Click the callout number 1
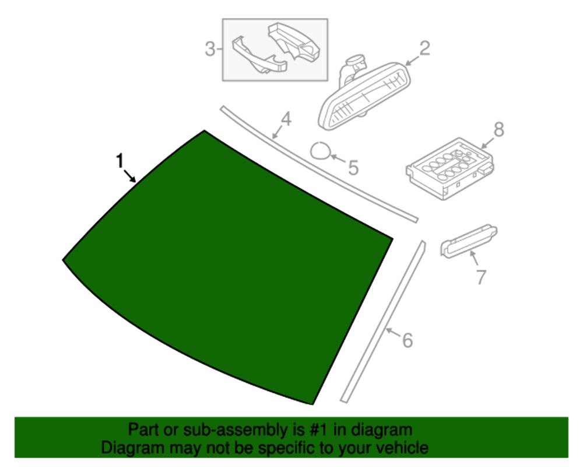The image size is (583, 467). [121, 160]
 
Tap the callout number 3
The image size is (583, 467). [210, 50]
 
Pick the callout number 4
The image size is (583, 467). [286, 119]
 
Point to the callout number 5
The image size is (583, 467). [353, 168]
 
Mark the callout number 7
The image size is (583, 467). [480, 276]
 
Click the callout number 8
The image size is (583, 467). [498, 129]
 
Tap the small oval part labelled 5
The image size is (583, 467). [320, 151]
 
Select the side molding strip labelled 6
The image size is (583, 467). [382, 321]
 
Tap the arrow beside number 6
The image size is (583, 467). [393, 334]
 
